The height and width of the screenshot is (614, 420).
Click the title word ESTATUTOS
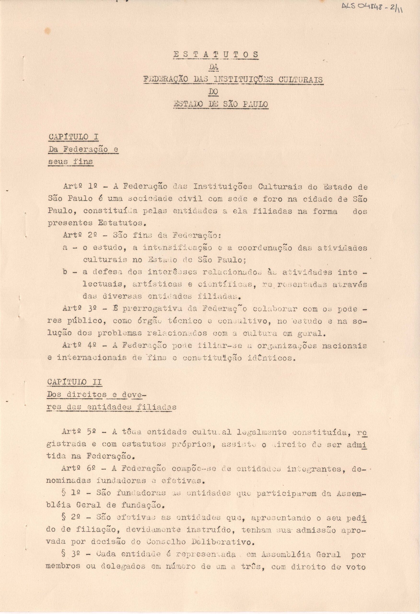click(215, 55)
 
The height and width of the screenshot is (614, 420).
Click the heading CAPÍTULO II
click(75, 382)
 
